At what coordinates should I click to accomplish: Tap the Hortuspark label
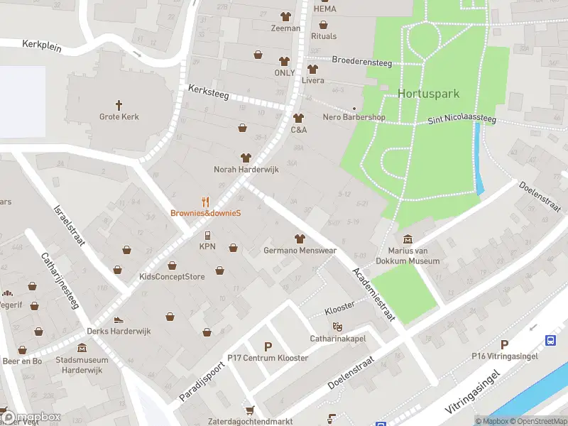[x=428, y=94]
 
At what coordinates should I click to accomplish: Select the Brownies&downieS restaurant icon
[x=206, y=201]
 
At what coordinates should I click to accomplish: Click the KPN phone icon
[x=207, y=235]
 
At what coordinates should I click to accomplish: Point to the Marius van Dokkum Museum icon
[x=408, y=239]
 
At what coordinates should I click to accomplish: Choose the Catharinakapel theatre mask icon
[x=338, y=326]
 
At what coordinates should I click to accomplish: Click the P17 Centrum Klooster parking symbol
[x=268, y=346]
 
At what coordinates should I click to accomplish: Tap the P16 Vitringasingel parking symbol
[x=505, y=344]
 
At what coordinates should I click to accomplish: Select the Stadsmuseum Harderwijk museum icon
[x=83, y=349]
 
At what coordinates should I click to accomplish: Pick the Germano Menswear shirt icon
[x=299, y=238]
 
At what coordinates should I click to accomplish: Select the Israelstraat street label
[x=69, y=226]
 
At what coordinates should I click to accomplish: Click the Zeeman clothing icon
[x=285, y=16]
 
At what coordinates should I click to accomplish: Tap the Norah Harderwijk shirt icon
[x=246, y=158]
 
